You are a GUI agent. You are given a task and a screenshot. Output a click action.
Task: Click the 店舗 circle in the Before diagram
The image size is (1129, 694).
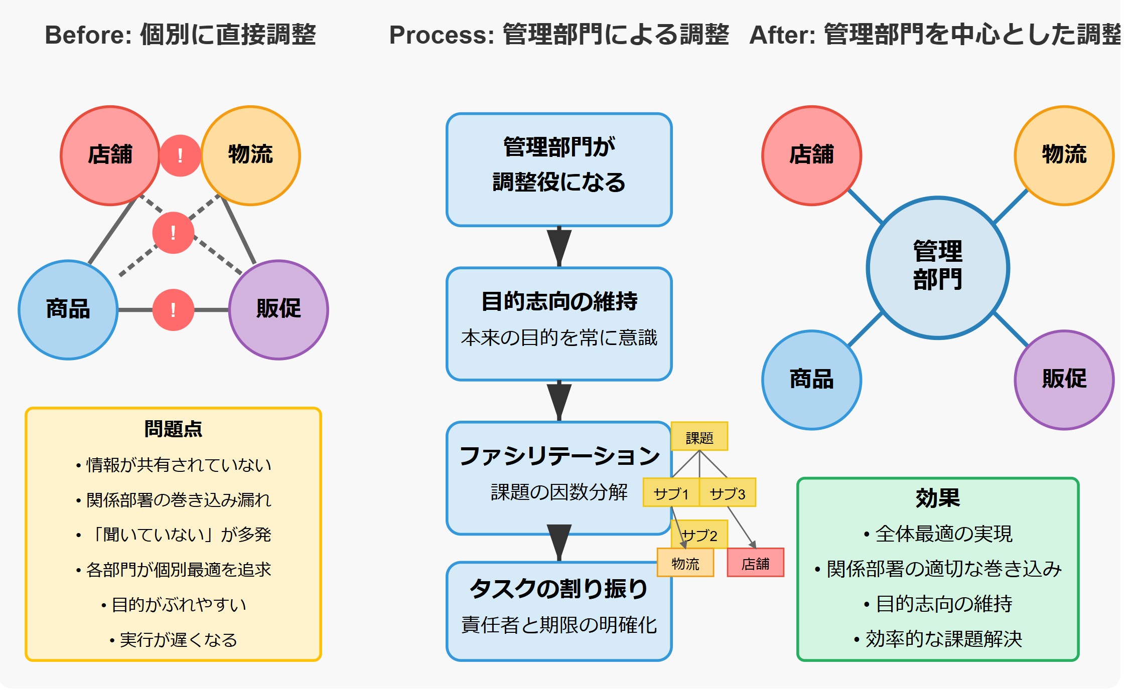(x=110, y=155)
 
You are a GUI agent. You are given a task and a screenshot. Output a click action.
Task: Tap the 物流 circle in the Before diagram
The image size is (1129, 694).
(x=250, y=155)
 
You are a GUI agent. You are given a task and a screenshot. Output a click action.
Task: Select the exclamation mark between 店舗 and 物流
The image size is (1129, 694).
(x=180, y=155)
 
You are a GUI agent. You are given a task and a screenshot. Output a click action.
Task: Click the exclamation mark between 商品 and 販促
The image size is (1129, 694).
(x=173, y=309)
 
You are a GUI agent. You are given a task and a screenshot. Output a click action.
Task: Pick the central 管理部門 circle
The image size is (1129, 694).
(x=937, y=267)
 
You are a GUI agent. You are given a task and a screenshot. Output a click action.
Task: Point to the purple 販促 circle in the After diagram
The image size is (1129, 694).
(x=1064, y=380)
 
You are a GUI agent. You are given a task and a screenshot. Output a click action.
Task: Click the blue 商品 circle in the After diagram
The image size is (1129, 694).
(x=811, y=380)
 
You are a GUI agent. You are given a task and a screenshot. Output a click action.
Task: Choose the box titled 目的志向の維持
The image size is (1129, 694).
(x=558, y=323)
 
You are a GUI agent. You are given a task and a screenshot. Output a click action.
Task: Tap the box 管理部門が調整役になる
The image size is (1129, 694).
(x=558, y=169)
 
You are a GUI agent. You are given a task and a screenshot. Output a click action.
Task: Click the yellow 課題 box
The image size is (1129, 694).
(x=699, y=436)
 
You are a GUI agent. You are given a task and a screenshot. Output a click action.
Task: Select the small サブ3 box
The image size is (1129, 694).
(x=728, y=492)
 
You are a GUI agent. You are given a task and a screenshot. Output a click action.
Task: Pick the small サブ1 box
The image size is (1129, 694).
(x=671, y=492)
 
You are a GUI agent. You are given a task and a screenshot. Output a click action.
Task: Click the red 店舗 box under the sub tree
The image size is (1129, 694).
(x=755, y=563)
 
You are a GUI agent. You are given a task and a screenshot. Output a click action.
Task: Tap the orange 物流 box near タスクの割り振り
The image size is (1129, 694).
(x=685, y=563)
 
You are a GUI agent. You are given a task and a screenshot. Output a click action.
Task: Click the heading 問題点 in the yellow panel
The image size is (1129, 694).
(x=173, y=429)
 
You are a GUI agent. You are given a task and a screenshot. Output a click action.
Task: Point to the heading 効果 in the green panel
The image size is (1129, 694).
(x=937, y=498)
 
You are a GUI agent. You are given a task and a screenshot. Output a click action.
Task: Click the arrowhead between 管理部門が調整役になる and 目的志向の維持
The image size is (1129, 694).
(x=559, y=246)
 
